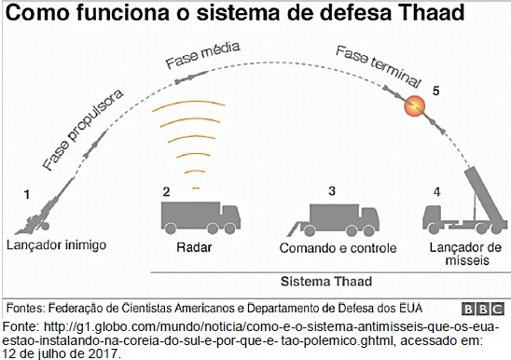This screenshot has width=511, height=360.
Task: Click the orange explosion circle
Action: tap(415, 106)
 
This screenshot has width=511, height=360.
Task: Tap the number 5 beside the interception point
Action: tap(436, 90)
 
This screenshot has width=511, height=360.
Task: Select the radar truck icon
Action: tap(200, 218)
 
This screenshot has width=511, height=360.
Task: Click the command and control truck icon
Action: tap(333, 220)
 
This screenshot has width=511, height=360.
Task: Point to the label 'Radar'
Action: tap(194, 247)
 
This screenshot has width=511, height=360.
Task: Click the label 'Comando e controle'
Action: tap(338, 248)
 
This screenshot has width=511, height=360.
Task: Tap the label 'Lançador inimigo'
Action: tap(56, 245)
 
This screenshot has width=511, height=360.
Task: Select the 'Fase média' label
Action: tap(202, 55)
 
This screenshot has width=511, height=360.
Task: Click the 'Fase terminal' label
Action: tap(378, 66)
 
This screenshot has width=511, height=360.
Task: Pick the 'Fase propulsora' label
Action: tap(83, 130)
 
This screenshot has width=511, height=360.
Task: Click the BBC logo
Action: tap(483, 309)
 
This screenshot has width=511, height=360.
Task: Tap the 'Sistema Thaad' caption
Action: tap(326, 281)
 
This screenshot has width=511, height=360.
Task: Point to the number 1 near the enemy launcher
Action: tap(27, 195)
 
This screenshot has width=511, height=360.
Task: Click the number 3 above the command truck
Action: tap(332, 191)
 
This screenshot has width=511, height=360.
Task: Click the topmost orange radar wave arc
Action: tap(188, 105)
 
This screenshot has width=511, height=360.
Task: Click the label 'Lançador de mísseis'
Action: tap(465, 254)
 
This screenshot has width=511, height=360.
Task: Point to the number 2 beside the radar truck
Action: tap(166, 192)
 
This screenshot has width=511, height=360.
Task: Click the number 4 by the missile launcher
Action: tap(437, 192)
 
